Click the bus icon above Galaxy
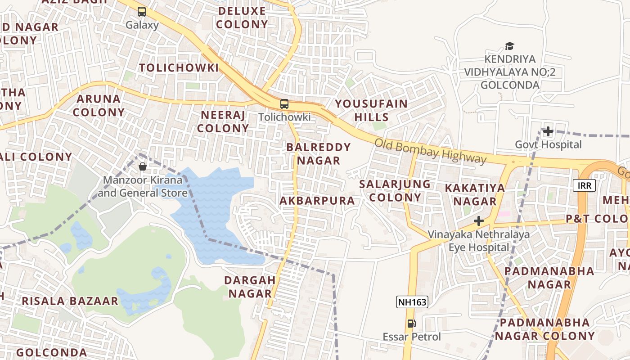click(x=142, y=12)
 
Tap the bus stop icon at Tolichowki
click(x=284, y=104)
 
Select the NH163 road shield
click(x=412, y=302)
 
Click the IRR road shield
click(x=585, y=185)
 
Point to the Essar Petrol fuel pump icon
click(x=411, y=324)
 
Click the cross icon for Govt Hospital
click(x=548, y=131)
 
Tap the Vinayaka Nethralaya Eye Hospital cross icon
click(x=479, y=221)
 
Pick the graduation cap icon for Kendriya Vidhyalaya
click(x=509, y=46)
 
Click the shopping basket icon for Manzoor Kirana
click(x=143, y=166)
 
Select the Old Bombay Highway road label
click(x=431, y=151)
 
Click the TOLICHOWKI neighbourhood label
click(x=179, y=68)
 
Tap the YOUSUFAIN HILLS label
click(x=371, y=110)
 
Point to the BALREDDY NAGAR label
click(x=318, y=153)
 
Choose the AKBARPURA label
click(x=317, y=201)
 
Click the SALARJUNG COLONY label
click(x=395, y=190)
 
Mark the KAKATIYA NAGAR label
click(x=475, y=194)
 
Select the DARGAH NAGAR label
click(x=250, y=287)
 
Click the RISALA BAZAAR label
click(x=70, y=301)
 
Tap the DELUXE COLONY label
click(x=242, y=18)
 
